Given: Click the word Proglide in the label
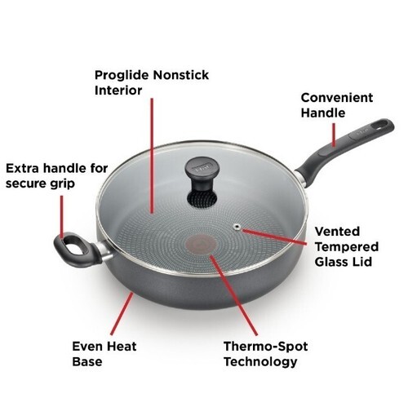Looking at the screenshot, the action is tap(122, 75).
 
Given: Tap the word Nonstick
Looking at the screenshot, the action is tap(181, 75).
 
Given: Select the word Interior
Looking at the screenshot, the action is tap(118, 91).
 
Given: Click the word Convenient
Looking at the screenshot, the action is tap(337, 98).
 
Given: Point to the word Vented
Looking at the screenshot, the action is tap(337, 232).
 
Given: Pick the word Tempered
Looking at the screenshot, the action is tap(347, 247).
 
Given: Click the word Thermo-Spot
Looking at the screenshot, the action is tap(265, 347).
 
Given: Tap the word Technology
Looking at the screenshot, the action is tap(260, 362).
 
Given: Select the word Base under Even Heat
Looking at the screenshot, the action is tap(87, 361).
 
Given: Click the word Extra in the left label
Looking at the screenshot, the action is tap(23, 169).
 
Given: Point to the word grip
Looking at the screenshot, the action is tap(62, 184).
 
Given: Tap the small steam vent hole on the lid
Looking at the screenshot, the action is tap(237, 226).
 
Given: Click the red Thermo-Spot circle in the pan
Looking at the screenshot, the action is tap(201, 245).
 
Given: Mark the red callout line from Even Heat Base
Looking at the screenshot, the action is tap(122, 313).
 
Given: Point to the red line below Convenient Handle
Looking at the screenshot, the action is tap(334, 135).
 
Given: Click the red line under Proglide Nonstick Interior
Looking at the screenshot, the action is tap(152, 155).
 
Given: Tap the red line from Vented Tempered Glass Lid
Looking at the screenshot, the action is tap(274, 237).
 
